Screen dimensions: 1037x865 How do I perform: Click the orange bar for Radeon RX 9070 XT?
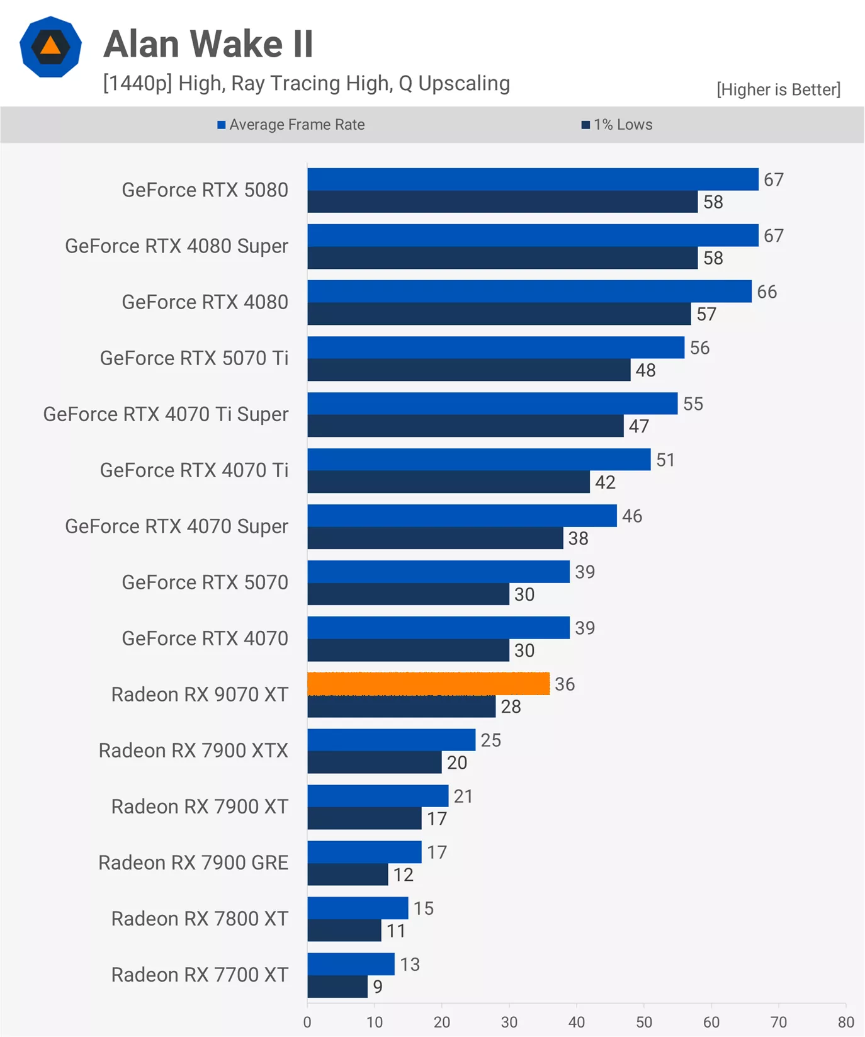(x=428, y=684)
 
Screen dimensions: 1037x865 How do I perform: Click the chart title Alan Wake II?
(x=208, y=44)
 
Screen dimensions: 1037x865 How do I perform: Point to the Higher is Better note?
(x=778, y=89)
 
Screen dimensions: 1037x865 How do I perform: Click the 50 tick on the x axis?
(x=644, y=1021)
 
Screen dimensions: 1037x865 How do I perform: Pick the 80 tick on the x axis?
(x=845, y=1021)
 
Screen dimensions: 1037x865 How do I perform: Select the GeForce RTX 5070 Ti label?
(x=194, y=358)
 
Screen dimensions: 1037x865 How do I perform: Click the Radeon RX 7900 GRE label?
(x=193, y=863)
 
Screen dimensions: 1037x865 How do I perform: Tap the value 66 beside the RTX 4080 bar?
(x=767, y=292)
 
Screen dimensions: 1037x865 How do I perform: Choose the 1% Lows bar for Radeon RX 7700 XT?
(x=337, y=987)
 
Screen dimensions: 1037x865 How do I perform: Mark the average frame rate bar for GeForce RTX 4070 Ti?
(x=478, y=460)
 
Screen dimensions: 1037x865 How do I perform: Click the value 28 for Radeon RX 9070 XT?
(x=511, y=706)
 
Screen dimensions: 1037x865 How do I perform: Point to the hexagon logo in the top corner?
(x=50, y=47)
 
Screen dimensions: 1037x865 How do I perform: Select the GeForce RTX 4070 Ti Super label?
(x=166, y=414)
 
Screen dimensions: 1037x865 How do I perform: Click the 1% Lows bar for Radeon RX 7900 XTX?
(x=375, y=762)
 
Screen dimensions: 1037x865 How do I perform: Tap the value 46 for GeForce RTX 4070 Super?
(x=632, y=516)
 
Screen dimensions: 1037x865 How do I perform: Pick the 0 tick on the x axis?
(x=307, y=1021)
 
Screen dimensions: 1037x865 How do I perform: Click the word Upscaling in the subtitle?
(x=464, y=83)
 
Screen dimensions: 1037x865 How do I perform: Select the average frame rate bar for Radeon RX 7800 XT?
(x=358, y=908)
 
